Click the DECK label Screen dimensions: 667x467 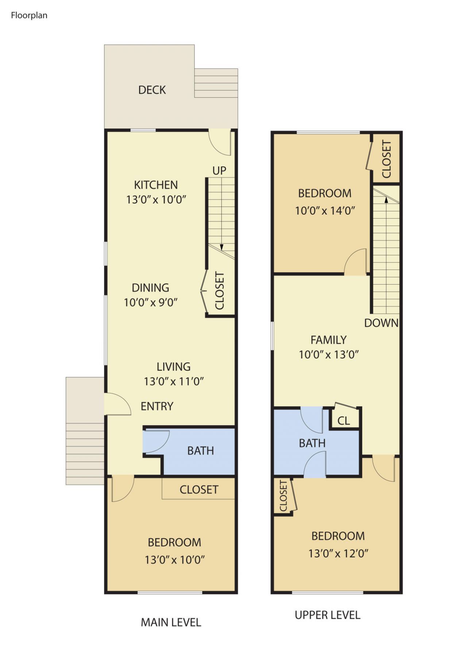[152, 90]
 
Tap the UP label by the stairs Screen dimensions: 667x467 [219, 170]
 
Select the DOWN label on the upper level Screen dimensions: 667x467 [381, 323]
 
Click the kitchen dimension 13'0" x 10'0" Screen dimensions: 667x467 [156, 200]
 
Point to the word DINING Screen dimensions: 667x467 [150, 288]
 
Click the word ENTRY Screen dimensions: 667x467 [157, 406]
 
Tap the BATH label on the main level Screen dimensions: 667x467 [200, 451]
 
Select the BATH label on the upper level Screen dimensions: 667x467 [312, 443]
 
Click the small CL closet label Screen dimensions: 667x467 [343, 421]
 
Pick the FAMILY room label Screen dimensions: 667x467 [328, 340]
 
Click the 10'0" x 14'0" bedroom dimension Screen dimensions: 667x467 [325, 211]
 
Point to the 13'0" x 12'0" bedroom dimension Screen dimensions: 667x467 [338, 554]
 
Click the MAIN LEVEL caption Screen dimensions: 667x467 [171, 622]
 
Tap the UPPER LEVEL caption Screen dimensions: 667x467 [327, 615]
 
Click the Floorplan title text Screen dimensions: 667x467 [29, 15]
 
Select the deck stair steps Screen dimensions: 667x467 [216, 83]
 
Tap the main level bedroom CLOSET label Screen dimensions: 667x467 [199, 489]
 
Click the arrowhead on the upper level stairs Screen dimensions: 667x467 [386, 200]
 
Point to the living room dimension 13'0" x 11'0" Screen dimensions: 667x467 [174, 381]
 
